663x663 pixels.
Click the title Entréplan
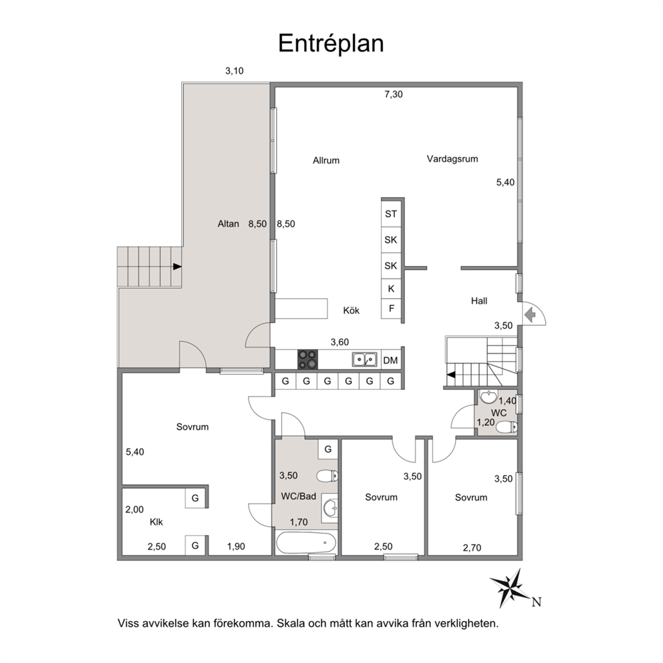331,43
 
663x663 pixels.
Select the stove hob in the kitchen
307,360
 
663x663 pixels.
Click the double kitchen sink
364,360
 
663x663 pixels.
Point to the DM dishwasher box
391,360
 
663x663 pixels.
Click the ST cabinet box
391,214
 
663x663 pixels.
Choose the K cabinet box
391,289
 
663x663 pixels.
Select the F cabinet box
391,309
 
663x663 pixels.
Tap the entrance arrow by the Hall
530,315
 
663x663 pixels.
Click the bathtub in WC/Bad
305,543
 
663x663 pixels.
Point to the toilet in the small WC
506,428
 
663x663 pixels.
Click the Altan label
229,224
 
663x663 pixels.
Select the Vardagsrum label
452,159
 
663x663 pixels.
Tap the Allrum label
326,160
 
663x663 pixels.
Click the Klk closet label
156,522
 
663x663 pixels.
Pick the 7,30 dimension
394,94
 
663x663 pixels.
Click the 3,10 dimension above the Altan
234,71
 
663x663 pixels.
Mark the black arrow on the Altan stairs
177,267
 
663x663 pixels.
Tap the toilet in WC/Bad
327,476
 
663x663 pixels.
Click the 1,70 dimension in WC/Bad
299,522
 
